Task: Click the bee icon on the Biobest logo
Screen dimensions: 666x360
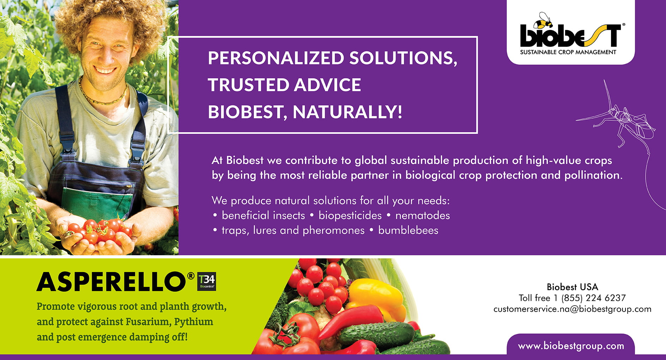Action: click(542, 21)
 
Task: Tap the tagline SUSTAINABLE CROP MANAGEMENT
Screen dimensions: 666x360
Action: click(568, 52)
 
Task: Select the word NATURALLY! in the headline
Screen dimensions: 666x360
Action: click(347, 112)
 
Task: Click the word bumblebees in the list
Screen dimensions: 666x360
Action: click(408, 230)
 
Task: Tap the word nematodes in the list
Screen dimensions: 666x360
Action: click(423, 215)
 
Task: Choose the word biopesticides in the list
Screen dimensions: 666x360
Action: click(350, 215)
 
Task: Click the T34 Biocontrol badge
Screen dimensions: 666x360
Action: click(207, 281)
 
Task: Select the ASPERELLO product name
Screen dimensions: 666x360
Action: click(111, 282)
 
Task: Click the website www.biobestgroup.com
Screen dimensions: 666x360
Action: click(571, 346)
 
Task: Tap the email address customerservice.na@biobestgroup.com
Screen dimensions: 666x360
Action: click(572, 309)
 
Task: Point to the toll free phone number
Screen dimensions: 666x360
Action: click(572, 298)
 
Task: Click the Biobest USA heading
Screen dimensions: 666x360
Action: click(572, 287)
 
